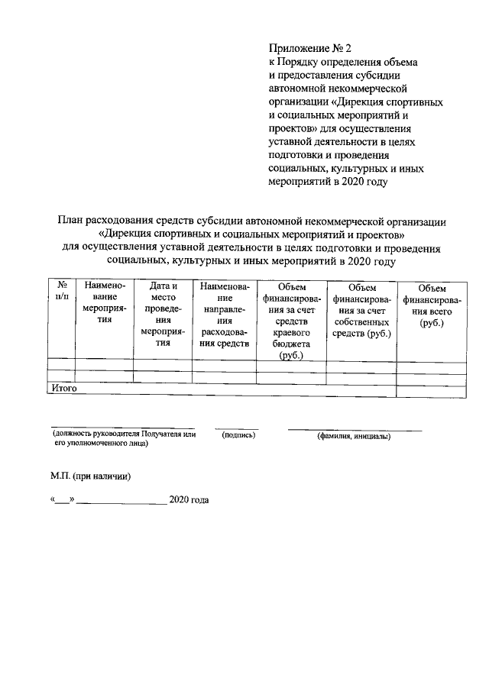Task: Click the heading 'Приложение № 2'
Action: [310, 47]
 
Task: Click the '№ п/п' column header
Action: [62, 291]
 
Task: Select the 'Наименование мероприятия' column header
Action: [99, 302]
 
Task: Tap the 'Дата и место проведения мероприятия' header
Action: [163, 314]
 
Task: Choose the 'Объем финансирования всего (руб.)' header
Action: [431, 305]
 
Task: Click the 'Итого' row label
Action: [63, 389]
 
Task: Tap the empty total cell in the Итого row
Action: [431, 389]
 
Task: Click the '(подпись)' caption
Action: [238, 436]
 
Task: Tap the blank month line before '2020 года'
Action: [121, 502]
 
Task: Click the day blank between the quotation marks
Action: [62, 502]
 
